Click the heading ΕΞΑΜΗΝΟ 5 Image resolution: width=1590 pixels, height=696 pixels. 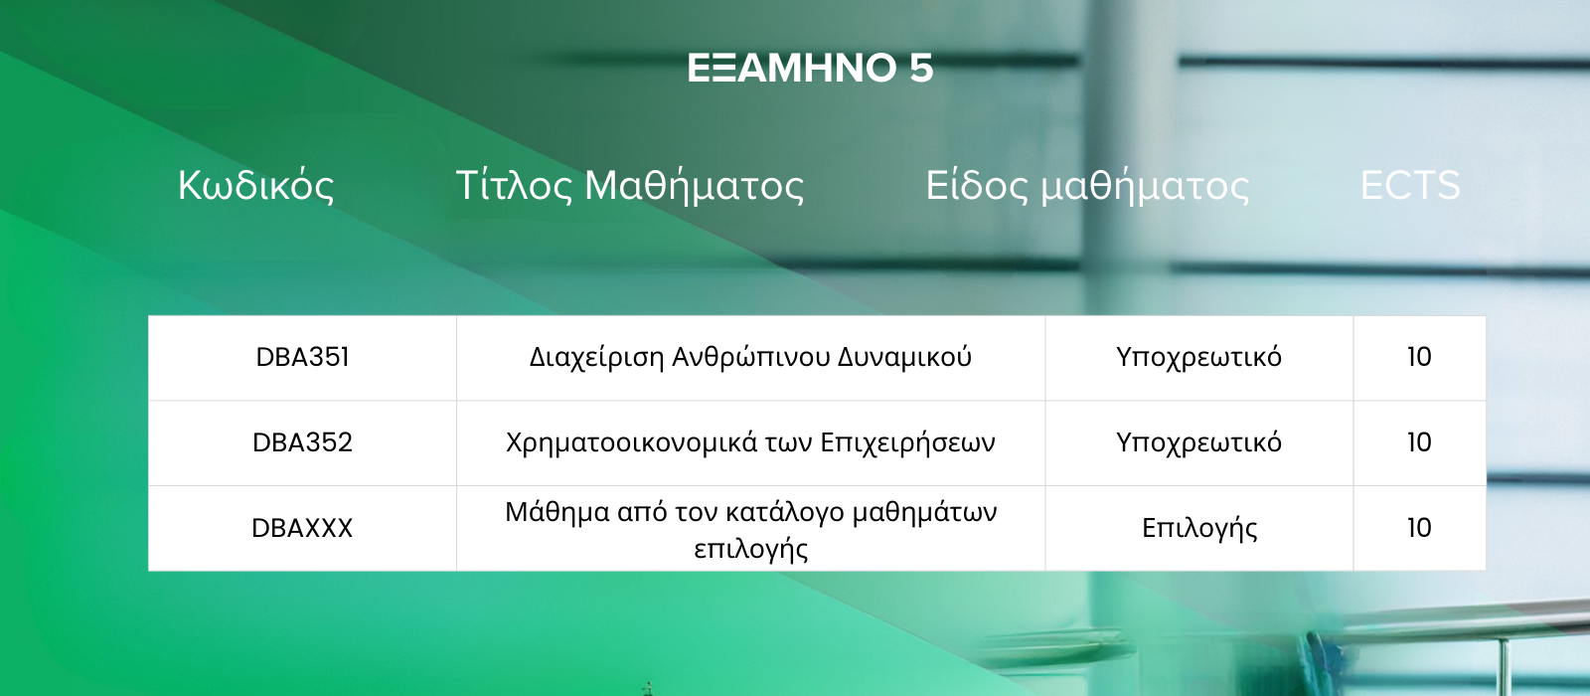pyautogui.click(x=810, y=69)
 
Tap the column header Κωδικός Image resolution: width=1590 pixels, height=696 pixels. pyautogui.click(x=255, y=185)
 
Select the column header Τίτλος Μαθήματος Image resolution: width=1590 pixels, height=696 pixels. pyautogui.click(x=630, y=185)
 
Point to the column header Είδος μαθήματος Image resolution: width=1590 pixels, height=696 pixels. pyautogui.click(x=1087, y=185)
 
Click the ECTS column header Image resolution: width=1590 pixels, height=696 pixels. pyautogui.click(x=1410, y=185)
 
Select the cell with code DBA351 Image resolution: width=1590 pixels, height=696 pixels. pyautogui.click(x=302, y=357)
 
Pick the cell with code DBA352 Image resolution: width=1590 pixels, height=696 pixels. pyautogui.click(x=302, y=442)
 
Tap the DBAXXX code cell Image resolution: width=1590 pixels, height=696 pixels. pyautogui.click(x=302, y=528)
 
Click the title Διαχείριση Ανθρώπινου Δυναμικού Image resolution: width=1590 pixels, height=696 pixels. pyautogui.click(x=750, y=357)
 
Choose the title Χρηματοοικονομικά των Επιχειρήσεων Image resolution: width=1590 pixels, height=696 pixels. pyautogui.click(x=750, y=443)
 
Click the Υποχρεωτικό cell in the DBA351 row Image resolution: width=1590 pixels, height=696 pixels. pyautogui.click(x=1198, y=357)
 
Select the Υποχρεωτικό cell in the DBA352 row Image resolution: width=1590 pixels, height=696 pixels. pyautogui.click(x=1198, y=443)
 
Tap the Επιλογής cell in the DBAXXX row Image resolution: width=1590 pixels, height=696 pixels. pyautogui.click(x=1199, y=529)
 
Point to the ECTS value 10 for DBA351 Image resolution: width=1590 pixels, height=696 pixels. pyautogui.click(x=1420, y=357)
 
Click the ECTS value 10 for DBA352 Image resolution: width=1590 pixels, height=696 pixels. pyautogui.click(x=1420, y=442)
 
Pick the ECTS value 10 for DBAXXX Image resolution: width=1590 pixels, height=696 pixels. pyautogui.click(x=1420, y=528)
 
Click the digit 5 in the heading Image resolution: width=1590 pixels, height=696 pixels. pyautogui.click(x=921, y=69)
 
